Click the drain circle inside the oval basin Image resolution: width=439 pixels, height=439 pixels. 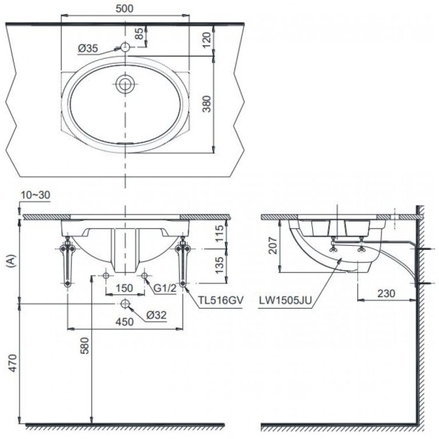pos(125,84)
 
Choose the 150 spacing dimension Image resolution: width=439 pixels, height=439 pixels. pos(125,288)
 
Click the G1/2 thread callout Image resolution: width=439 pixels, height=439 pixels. pos(165,288)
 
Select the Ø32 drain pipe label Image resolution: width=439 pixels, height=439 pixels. pos(156,314)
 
